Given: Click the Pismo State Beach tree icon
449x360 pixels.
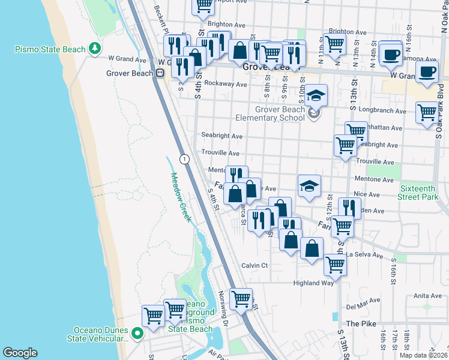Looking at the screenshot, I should tap(94, 48).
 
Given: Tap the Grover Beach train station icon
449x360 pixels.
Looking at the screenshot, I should tap(160, 73).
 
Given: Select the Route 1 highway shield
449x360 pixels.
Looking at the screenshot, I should tap(184, 158).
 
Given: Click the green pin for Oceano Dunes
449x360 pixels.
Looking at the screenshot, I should tap(137, 334).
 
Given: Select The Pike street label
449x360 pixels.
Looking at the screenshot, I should tap(361, 323).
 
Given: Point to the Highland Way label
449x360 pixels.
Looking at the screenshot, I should tap(313, 283).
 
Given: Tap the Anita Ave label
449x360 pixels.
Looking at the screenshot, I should tap(427, 295).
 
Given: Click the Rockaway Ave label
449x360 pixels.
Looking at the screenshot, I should tap(226, 84).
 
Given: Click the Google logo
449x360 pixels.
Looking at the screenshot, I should tap(20, 353).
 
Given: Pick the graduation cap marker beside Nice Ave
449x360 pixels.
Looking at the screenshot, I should tap(310, 186).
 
